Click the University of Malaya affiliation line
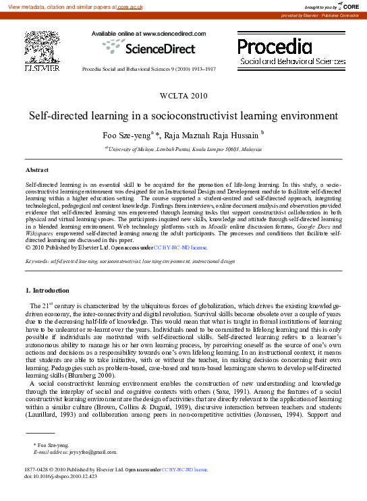pyautogui.click(x=183, y=148)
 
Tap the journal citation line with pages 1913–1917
pyautogui.click(x=148, y=69)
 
